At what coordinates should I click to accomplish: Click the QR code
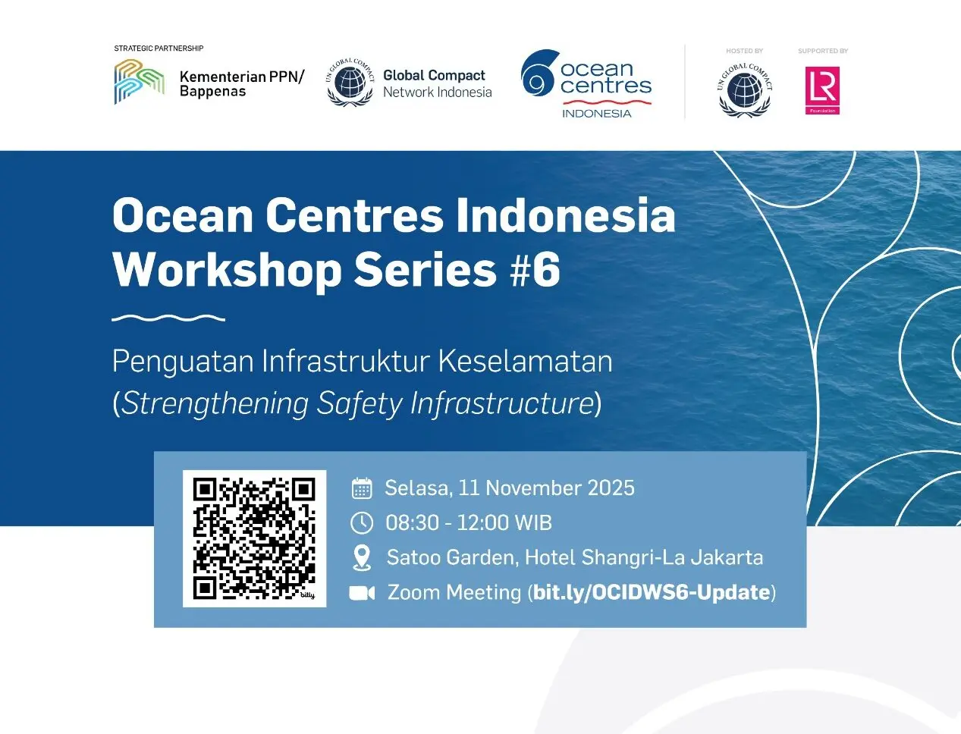(254, 538)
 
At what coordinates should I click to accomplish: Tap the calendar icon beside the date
(362, 488)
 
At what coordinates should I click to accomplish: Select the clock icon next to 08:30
(362, 522)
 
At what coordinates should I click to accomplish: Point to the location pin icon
(362, 558)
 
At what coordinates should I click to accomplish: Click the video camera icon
(362, 593)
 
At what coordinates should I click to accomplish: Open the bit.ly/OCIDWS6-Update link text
(652, 593)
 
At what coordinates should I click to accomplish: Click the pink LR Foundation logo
(822, 90)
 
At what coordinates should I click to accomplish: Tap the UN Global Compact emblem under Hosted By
(745, 89)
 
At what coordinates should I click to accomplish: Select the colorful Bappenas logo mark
(140, 82)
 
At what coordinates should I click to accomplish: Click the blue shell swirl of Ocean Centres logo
(540, 73)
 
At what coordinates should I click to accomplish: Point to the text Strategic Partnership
(159, 48)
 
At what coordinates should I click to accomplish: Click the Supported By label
(823, 51)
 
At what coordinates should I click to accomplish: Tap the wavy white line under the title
(168, 318)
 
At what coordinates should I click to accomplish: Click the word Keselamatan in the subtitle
(526, 362)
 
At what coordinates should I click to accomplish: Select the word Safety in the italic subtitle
(359, 403)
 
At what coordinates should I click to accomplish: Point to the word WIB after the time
(533, 522)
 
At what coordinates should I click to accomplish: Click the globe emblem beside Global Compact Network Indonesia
(350, 83)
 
